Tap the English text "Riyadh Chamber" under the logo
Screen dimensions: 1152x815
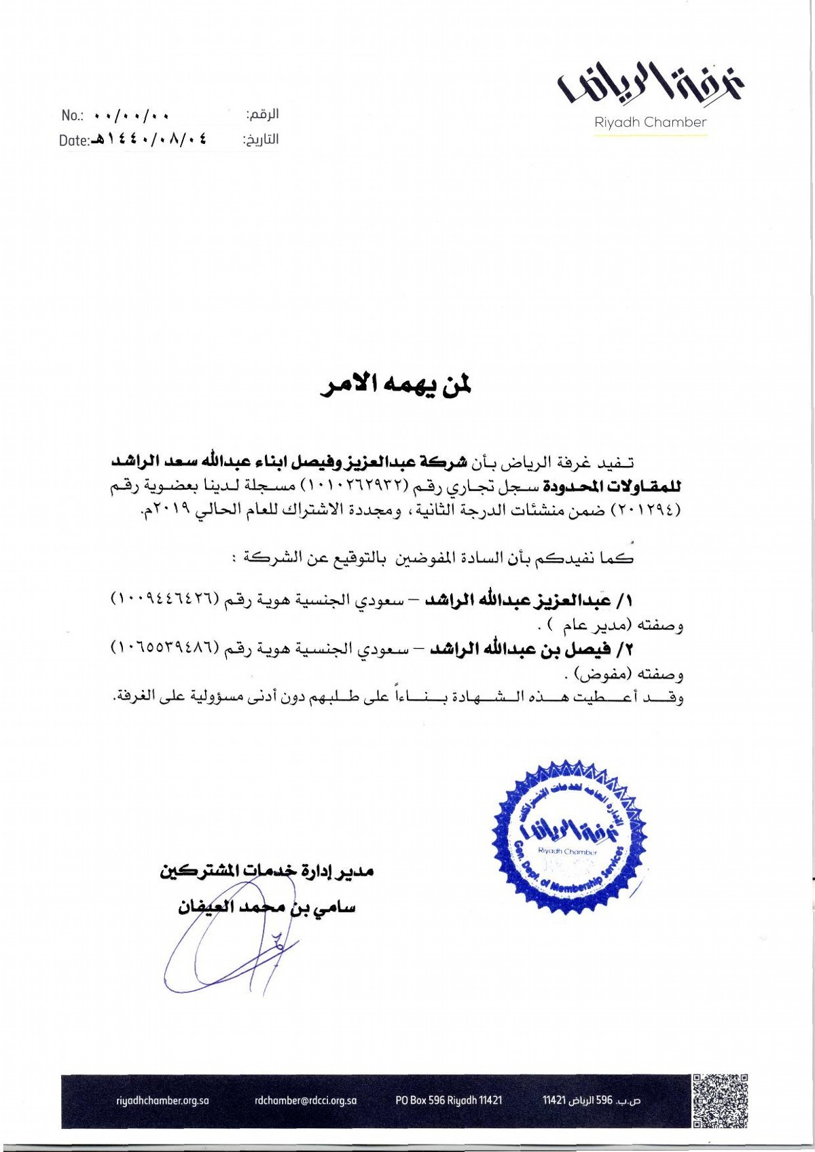(x=650, y=122)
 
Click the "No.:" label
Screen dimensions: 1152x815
(x=72, y=115)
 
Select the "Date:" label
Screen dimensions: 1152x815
(x=74, y=141)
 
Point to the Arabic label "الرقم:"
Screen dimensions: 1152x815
(x=262, y=114)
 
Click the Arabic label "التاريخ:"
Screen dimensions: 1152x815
(x=261, y=140)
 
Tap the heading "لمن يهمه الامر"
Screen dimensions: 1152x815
(x=396, y=385)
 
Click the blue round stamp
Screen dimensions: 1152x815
(x=569, y=837)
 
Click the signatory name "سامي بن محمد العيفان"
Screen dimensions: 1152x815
(x=266, y=907)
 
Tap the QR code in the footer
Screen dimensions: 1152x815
(x=721, y=1101)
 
